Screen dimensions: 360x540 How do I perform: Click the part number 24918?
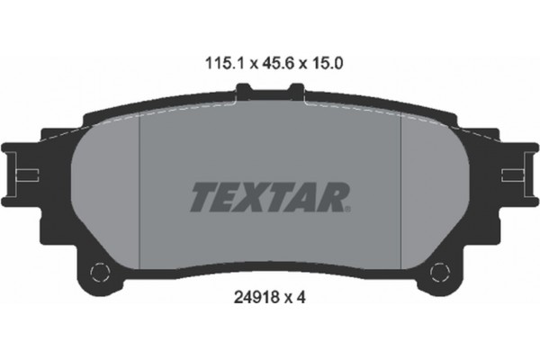tap(251, 293)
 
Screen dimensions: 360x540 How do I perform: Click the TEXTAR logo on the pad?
tap(268, 195)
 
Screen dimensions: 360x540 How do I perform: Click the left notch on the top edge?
tap(244, 89)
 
